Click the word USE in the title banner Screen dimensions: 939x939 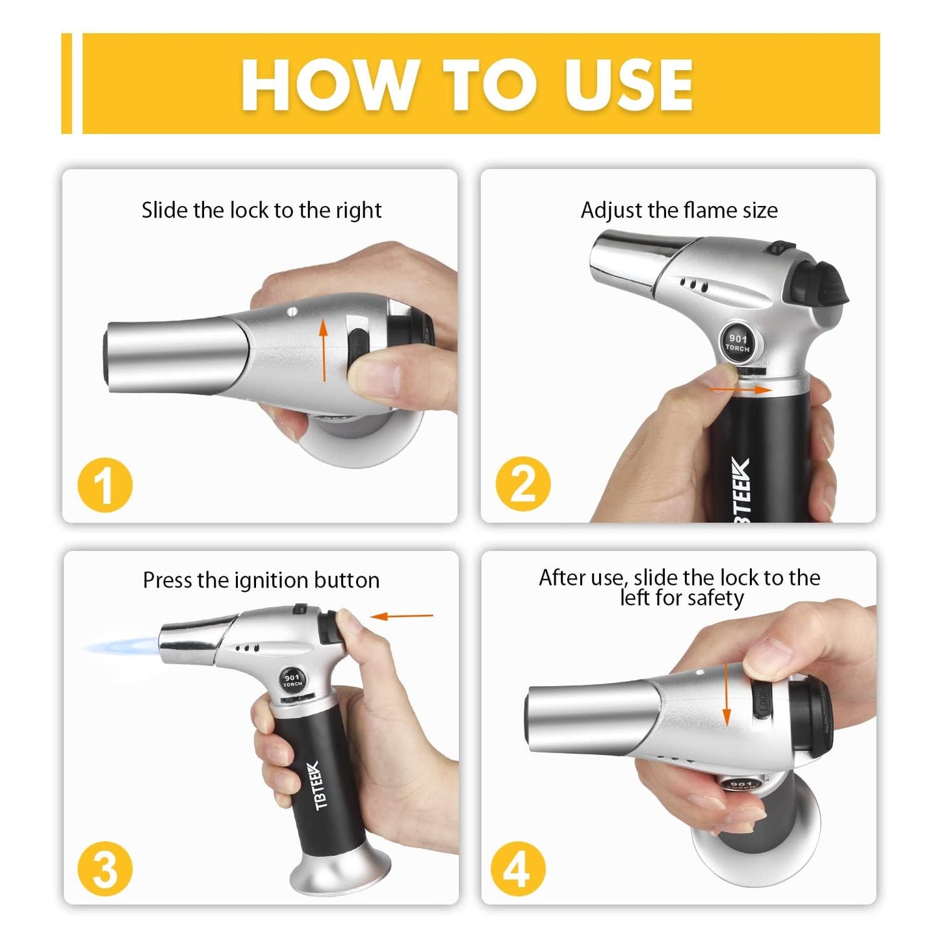pos(628,85)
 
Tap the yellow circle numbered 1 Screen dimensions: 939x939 pos(105,485)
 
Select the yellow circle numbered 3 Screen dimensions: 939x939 pos(105,869)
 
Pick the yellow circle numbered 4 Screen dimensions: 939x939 pos(518,869)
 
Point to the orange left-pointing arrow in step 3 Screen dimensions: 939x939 pos(405,615)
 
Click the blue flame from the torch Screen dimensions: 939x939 pos(123,647)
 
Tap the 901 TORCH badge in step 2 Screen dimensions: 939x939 pos(738,342)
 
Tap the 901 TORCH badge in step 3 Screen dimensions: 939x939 pos(292,680)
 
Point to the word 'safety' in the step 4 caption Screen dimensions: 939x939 pos(714,597)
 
